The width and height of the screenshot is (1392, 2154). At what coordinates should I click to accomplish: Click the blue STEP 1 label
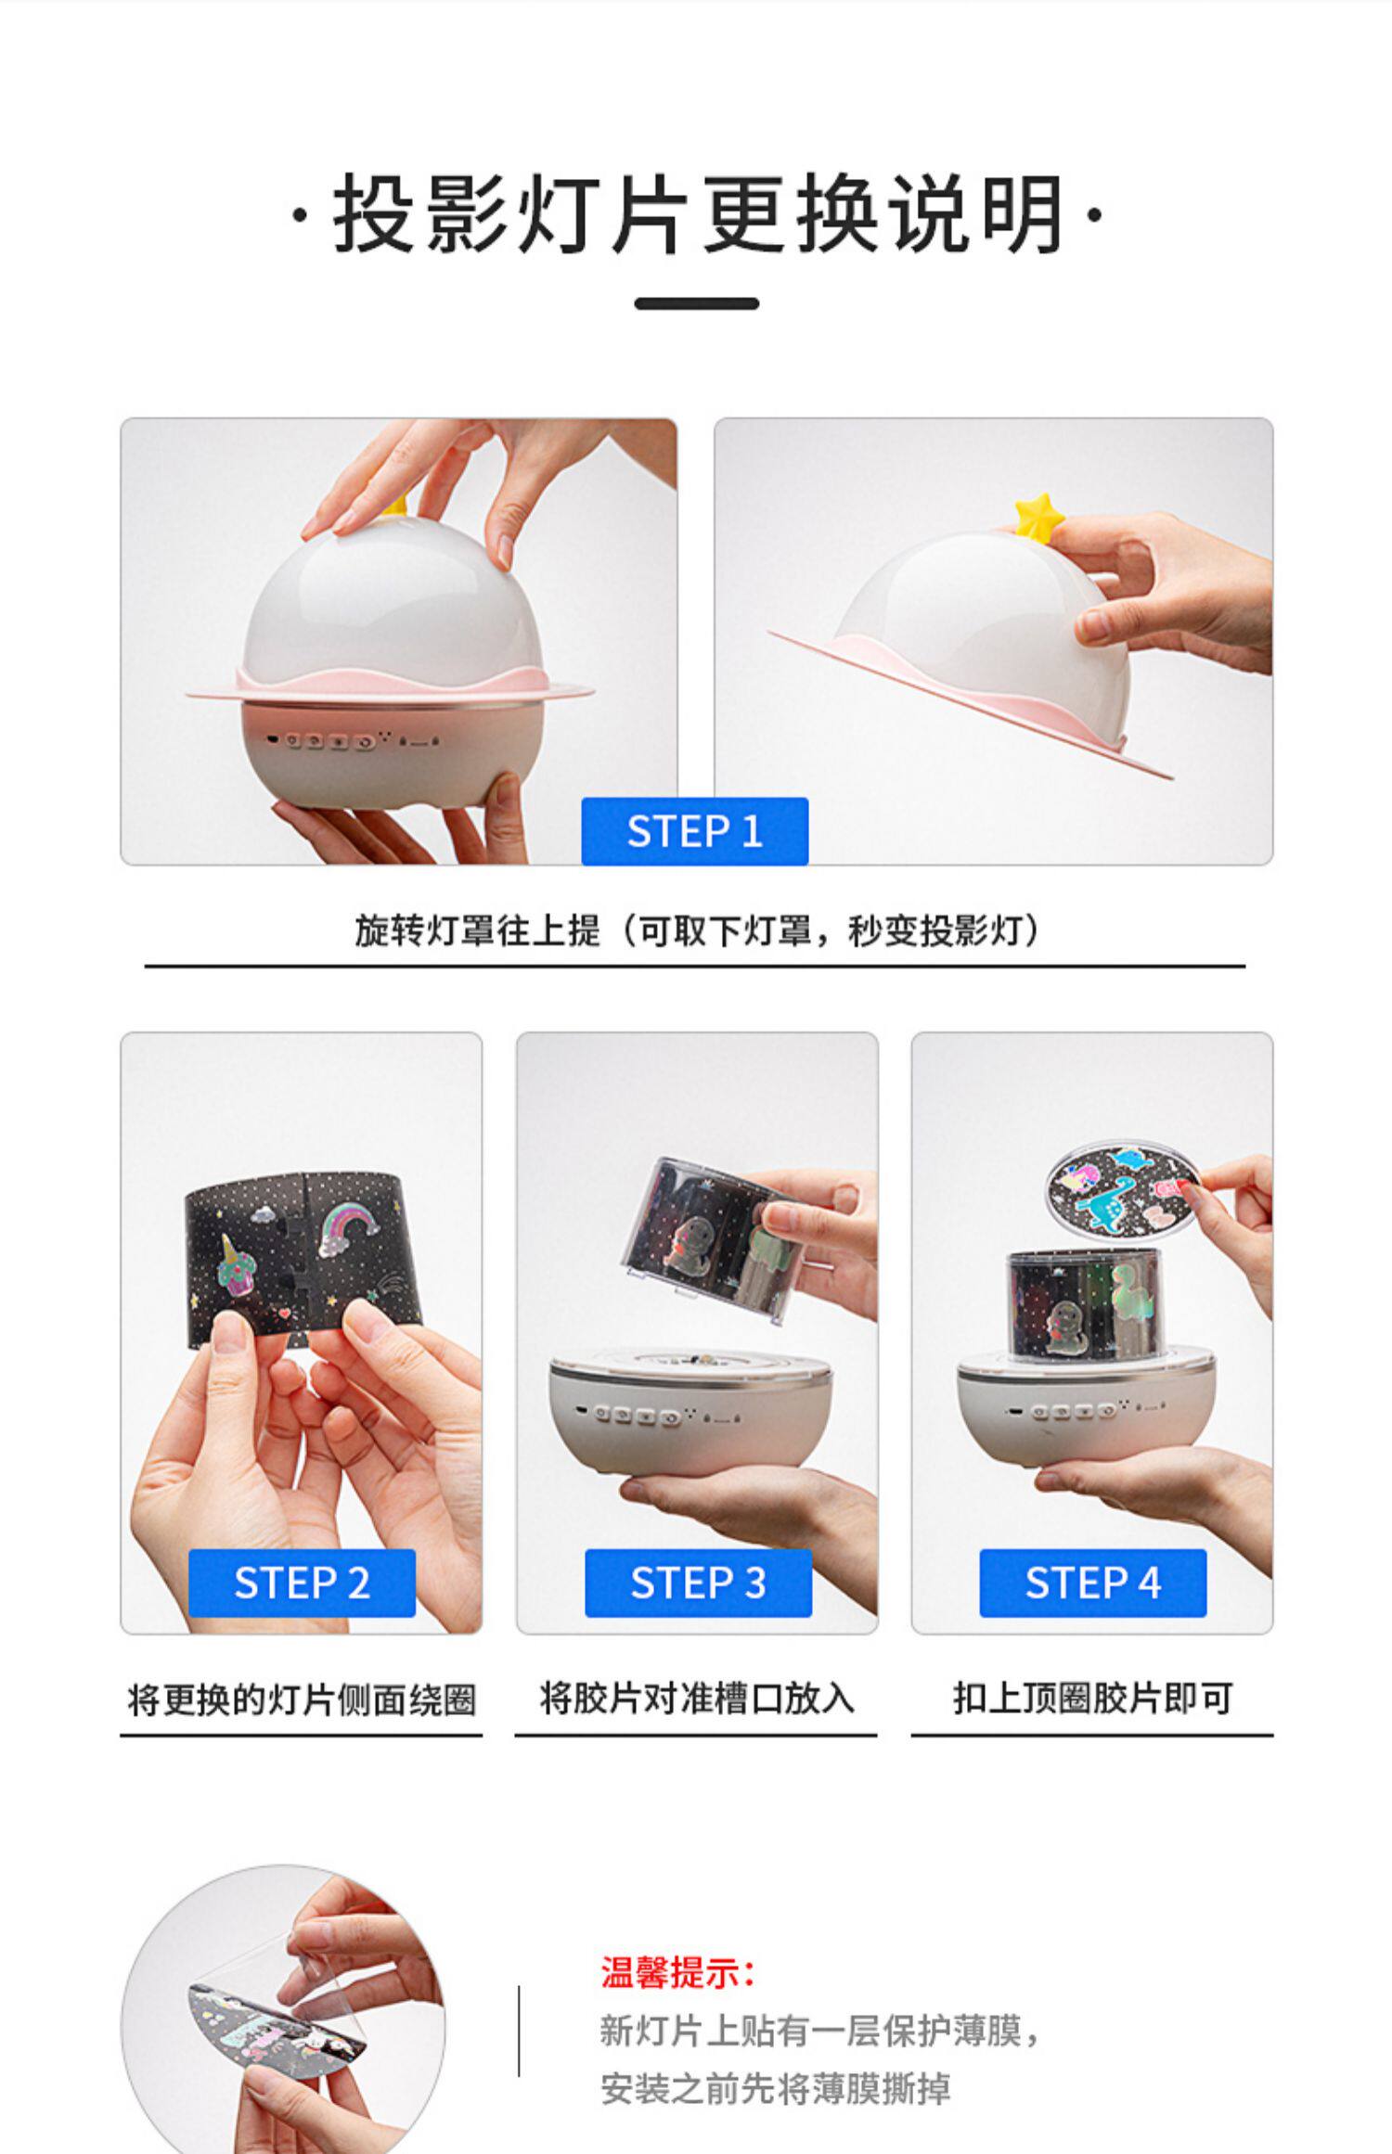tap(694, 831)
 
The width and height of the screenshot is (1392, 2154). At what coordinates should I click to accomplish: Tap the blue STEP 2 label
tap(302, 1583)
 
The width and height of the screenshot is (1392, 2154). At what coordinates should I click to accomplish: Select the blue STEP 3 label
tap(698, 1583)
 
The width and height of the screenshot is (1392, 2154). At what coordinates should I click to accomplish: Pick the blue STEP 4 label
tap(1093, 1583)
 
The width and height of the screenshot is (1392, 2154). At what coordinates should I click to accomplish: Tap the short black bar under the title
tap(697, 303)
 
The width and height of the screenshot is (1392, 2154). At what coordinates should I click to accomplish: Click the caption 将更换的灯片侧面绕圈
tap(302, 1700)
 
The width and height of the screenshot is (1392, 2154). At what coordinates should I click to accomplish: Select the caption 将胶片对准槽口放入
tap(697, 1699)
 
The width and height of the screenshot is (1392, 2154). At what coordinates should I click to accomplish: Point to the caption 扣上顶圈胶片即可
tap(1092, 1699)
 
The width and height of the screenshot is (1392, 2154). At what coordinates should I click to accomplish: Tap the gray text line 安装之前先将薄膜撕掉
tap(775, 2089)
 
